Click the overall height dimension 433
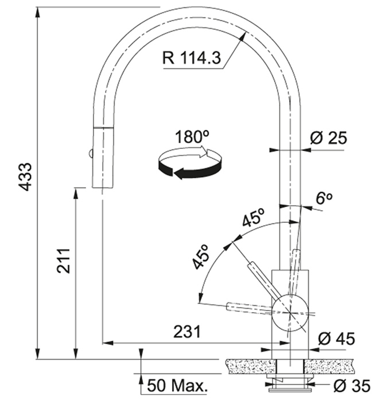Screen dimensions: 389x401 26,176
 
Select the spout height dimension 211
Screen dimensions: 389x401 63,261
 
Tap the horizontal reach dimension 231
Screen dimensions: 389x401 187,332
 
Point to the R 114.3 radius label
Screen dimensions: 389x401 192,58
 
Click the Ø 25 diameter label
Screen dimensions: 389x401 329,138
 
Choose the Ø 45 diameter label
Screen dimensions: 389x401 336,339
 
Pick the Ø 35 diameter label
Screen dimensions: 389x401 352,386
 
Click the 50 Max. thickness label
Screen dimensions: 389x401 177,386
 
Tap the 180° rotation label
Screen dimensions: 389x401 192,137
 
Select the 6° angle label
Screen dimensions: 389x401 324,198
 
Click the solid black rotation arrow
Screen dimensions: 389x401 190,170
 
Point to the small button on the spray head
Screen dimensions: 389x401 90,154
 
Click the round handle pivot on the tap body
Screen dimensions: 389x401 290,313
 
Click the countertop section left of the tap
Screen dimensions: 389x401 251,367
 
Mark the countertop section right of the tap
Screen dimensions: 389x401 329,367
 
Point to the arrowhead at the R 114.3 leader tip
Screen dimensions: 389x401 243,36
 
